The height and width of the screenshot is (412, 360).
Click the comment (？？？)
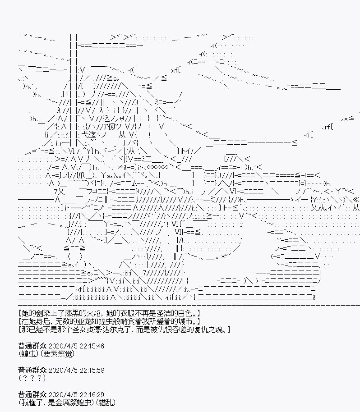32,378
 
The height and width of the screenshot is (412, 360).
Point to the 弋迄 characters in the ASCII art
89,135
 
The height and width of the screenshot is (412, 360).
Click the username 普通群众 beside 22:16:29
32,394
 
